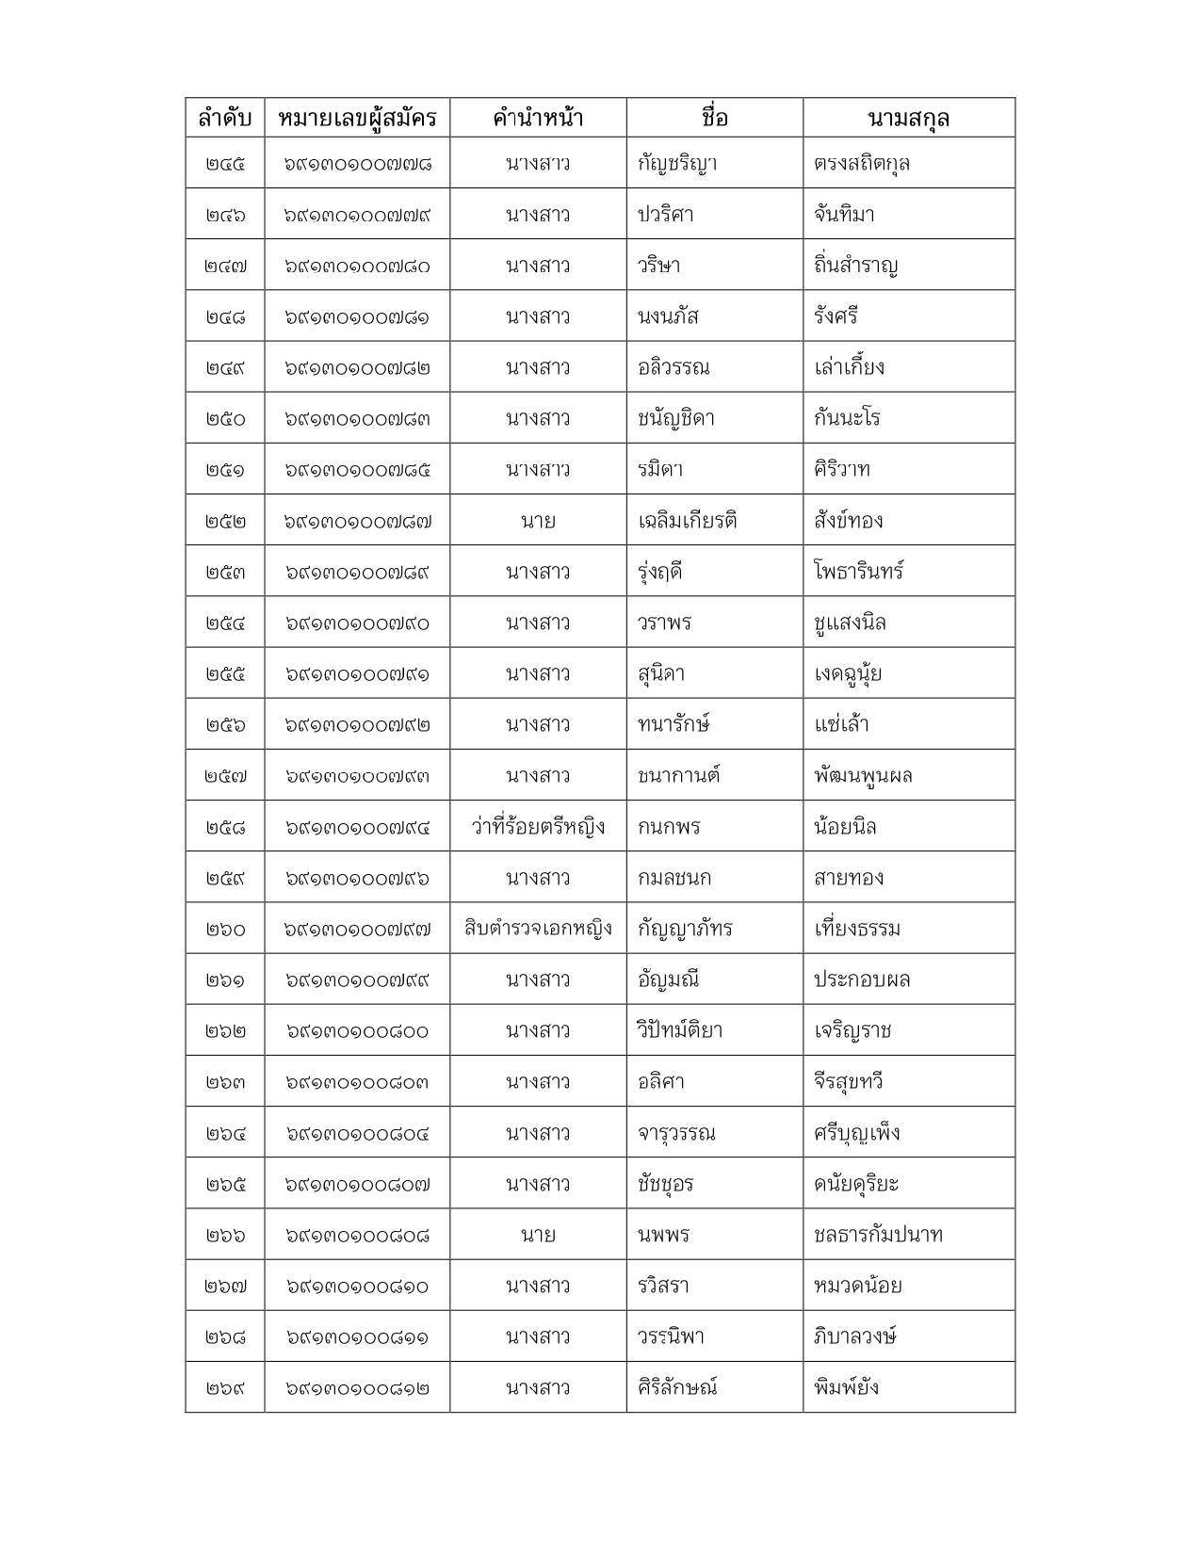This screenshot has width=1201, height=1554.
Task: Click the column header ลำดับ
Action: (224, 118)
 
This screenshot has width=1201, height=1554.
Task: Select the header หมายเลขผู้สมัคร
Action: (357, 118)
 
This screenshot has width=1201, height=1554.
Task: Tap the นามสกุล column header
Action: (908, 118)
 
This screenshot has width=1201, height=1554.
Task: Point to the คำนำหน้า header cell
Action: (538, 118)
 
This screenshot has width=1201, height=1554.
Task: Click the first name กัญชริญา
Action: (677, 164)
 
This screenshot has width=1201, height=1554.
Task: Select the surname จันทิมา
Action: (844, 215)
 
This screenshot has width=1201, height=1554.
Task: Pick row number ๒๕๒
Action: (225, 521)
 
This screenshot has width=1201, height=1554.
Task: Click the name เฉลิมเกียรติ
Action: (687, 521)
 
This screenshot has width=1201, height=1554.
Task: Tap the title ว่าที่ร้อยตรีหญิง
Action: (538, 827)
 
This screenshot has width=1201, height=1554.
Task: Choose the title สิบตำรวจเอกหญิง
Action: (538, 929)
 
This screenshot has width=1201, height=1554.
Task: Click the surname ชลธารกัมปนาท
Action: (878, 1235)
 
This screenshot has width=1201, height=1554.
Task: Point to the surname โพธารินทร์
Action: (859, 572)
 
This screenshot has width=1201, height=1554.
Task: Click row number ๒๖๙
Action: (225, 1388)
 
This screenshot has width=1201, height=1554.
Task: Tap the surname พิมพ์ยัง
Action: (847, 1387)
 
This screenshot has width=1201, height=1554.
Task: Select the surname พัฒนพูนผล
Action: (863, 776)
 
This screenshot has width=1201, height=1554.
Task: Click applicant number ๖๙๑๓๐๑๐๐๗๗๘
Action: (357, 164)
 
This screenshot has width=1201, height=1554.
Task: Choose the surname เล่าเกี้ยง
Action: (849, 367)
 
